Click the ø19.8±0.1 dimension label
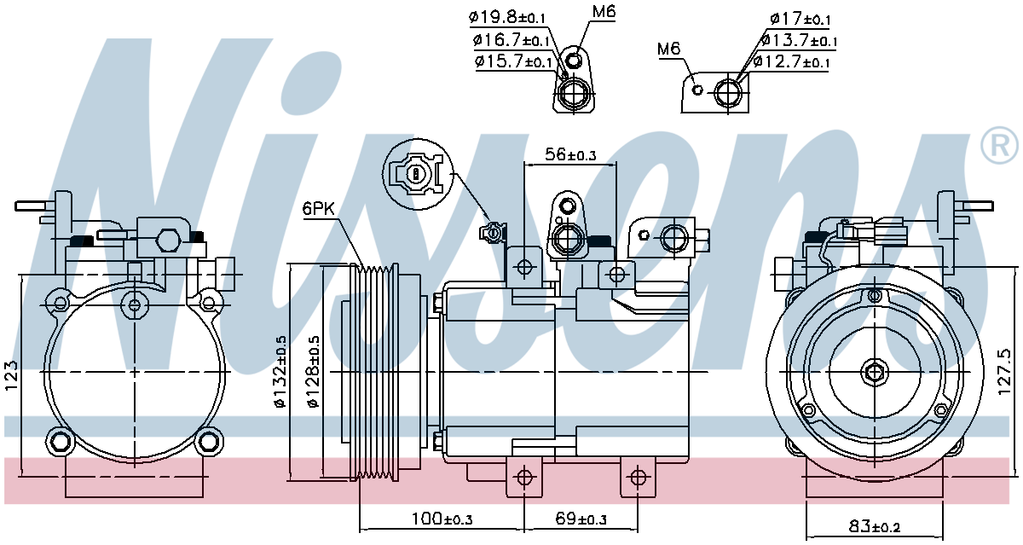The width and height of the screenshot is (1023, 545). pyautogui.click(x=507, y=18)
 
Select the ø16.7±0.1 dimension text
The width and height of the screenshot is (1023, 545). pyautogui.click(x=511, y=40)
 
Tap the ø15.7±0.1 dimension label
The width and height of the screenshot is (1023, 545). pyautogui.click(x=513, y=61)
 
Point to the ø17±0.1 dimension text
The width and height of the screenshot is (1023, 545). pyautogui.click(x=800, y=19)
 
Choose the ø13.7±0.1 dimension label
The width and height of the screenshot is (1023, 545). pyautogui.click(x=800, y=40)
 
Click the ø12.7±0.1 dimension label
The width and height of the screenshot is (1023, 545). pyautogui.click(x=791, y=61)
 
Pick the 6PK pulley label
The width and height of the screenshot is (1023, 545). pyautogui.click(x=319, y=209)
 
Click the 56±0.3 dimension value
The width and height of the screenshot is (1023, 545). pyautogui.click(x=570, y=155)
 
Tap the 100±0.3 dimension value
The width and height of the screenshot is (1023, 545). pyautogui.click(x=442, y=519)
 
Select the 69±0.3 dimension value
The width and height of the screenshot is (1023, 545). pyautogui.click(x=581, y=519)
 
